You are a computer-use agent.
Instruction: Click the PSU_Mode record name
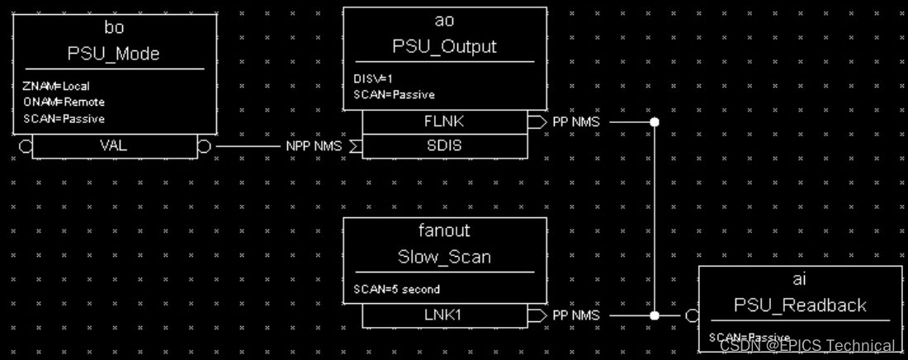(x=114, y=54)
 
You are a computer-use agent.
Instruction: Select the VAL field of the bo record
(x=114, y=146)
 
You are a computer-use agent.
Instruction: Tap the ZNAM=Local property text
(x=56, y=86)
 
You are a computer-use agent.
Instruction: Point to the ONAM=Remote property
(x=64, y=102)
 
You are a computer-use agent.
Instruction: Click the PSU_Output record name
(x=444, y=47)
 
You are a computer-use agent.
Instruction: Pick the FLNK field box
(x=444, y=122)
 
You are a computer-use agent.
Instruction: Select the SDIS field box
(x=444, y=146)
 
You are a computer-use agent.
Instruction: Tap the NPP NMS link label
(x=314, y=146)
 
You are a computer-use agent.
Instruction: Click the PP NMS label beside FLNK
(x=575, y=122)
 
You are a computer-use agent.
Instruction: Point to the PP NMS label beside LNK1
(x=575, y=315)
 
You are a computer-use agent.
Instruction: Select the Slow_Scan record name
(x=444, y=258)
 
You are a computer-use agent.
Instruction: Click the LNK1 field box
(x=444, y=315)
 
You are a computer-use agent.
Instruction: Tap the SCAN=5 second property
(x=396, y=290)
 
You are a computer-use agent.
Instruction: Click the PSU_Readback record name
(x=800, y=306)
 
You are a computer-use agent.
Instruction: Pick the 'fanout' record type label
(x=444, y=231)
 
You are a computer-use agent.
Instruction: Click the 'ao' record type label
(x=444, y=21)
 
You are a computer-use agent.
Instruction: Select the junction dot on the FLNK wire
(x=655, y=122)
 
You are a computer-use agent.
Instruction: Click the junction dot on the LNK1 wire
(x=655, y=315)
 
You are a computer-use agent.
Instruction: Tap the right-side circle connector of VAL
(x=204, y=146)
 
